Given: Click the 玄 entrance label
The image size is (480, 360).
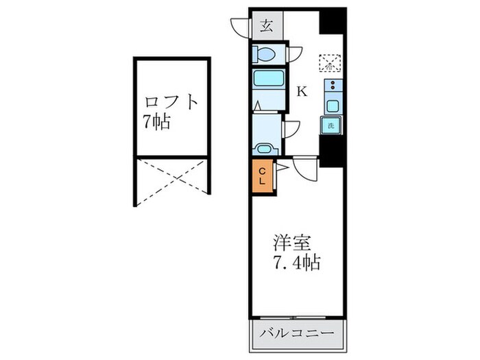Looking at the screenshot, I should [267, 27].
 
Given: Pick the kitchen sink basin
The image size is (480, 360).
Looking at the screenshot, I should [333, 106].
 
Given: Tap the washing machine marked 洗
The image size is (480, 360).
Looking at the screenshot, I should [331, 125].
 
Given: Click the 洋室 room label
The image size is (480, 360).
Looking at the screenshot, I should [293, 243].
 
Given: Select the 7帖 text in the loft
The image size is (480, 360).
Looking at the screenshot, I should [157, 123].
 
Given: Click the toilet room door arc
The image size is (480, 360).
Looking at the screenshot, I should [293, 52].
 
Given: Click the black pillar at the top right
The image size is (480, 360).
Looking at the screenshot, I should [334, 23].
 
